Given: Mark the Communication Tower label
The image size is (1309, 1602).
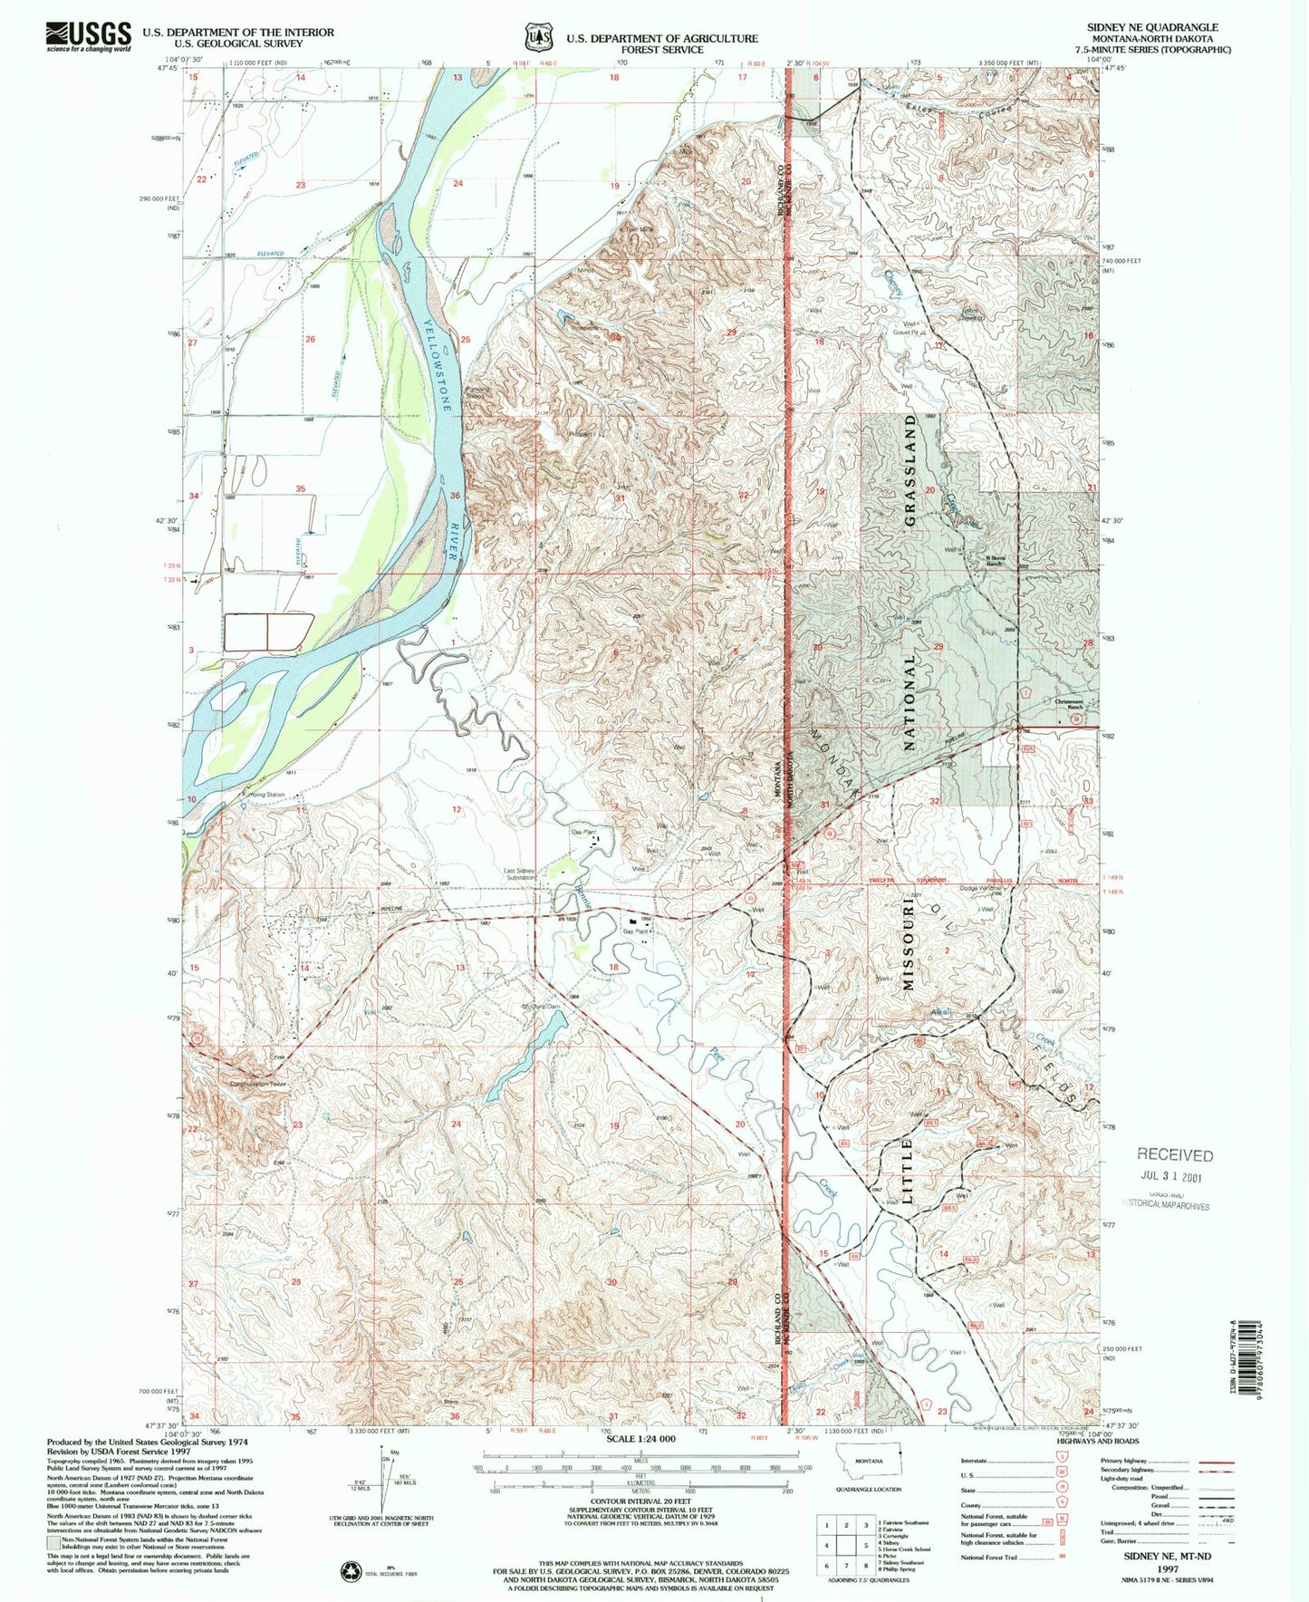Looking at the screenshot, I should tap(257, 1084).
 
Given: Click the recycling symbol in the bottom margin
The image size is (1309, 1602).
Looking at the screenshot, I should tap(350, 1572).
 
